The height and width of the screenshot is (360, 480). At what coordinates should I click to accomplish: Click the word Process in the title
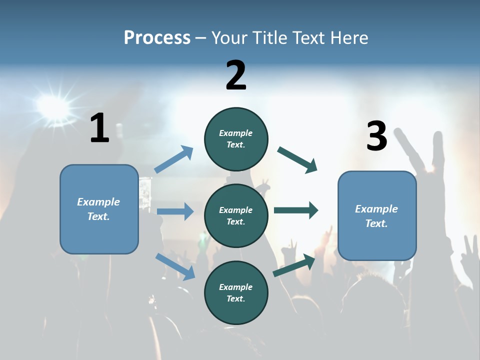point(157,37)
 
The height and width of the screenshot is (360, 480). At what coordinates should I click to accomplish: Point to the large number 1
point(99,128)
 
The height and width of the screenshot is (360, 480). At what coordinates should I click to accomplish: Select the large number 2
point(236,75)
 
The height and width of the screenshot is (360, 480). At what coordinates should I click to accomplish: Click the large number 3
point(376,136)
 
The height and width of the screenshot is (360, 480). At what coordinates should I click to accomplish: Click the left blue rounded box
point(99,209)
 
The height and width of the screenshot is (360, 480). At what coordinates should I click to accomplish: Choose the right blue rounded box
point(377,216)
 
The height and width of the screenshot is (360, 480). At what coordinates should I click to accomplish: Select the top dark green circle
point(236,139)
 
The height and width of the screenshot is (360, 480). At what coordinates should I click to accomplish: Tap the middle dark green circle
point(236,215)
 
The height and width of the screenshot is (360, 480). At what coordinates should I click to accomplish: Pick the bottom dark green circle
point(236,292)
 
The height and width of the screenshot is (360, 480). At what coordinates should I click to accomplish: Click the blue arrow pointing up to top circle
point(174,159)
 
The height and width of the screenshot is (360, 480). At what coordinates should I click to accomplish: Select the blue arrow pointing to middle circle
point(175,211)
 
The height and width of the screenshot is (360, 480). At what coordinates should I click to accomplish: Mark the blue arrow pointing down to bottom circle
point(175,267)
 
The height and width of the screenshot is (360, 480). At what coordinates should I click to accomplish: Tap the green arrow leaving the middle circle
point(296,210)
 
